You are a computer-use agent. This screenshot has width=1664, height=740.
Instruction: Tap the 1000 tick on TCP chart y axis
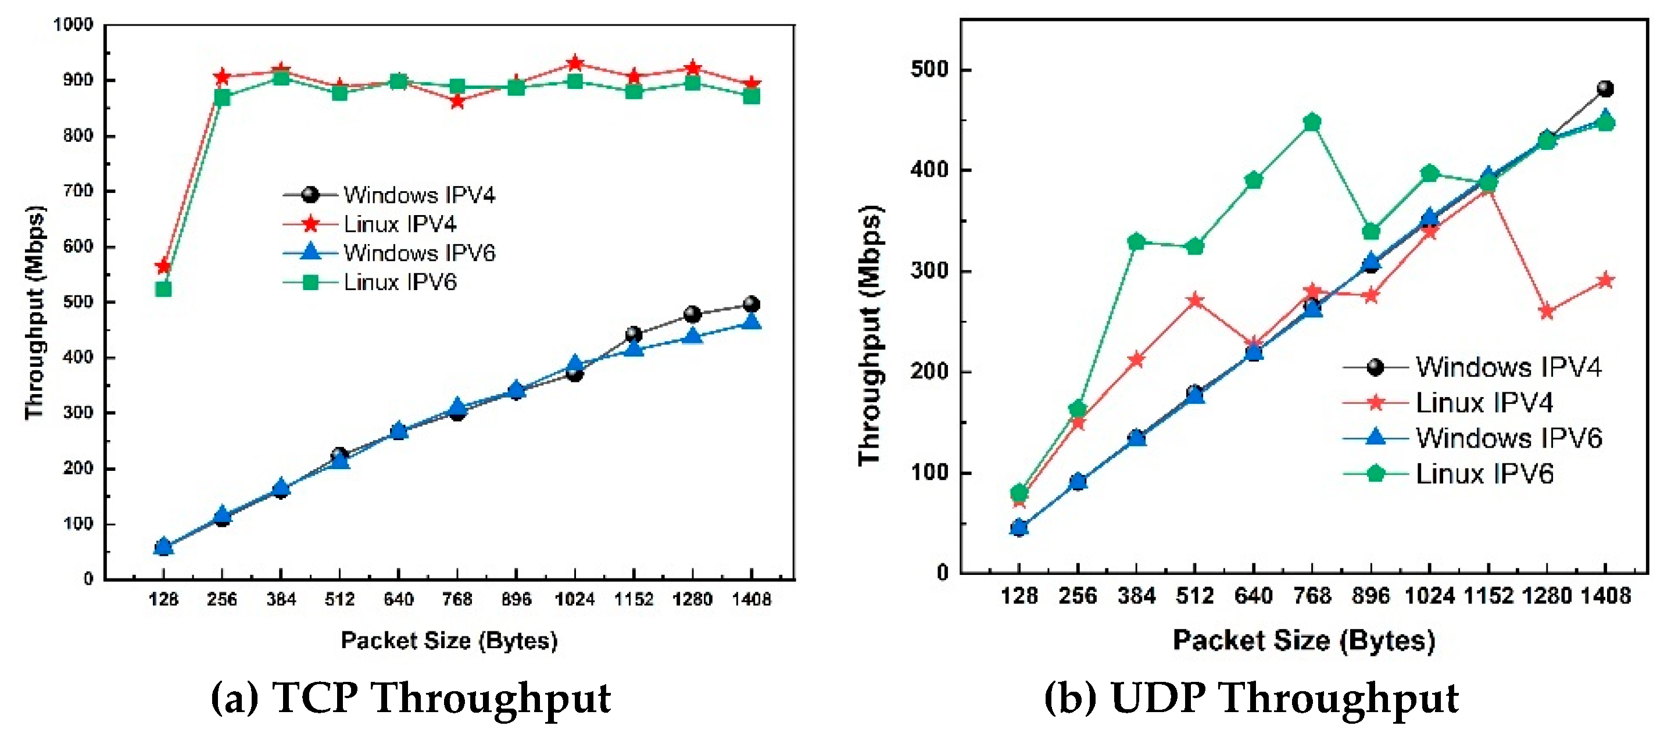74,24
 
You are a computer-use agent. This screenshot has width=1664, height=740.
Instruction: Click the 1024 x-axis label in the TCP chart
574,599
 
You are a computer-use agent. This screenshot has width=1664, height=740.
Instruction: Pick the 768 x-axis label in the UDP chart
1311,595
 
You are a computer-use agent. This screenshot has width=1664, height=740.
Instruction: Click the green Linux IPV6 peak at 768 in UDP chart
1311,122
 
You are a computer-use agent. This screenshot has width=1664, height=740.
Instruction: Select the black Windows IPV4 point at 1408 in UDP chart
1605,88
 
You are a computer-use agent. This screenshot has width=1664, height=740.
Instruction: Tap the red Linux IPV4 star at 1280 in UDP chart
1547,312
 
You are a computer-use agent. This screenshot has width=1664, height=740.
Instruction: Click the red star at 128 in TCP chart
163,266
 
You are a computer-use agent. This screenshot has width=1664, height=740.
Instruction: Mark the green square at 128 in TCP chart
163,289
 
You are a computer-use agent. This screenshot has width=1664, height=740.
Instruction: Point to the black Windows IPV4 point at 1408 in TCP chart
752,304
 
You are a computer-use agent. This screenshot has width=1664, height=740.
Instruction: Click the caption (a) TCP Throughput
411,698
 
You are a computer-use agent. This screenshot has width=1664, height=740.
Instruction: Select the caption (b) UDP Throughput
1251,698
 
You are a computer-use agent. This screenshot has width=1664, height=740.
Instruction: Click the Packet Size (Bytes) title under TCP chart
449,641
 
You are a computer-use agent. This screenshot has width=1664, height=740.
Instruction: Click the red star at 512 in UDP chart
1195,301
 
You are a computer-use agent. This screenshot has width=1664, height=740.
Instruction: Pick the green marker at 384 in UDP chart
1136,242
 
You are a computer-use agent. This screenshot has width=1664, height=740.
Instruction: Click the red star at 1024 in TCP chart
575,63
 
